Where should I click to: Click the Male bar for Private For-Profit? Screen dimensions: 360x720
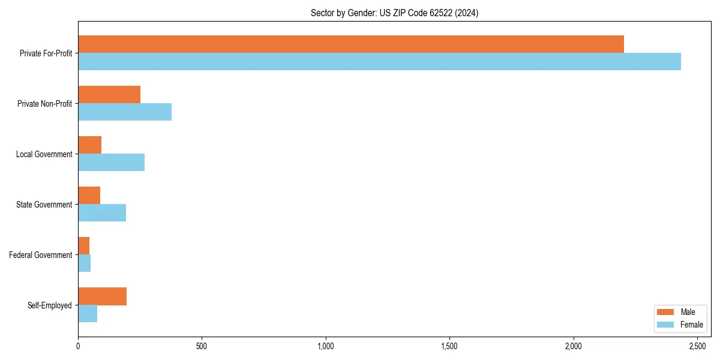tap(351, 44)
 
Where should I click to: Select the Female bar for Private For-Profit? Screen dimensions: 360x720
tap(379, 61)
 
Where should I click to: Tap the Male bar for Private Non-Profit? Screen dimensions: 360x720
tap(109, 95)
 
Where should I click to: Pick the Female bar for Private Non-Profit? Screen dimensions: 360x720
tap(125, 112)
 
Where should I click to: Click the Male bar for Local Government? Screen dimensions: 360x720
tap(90, 145)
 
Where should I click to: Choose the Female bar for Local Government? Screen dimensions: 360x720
tap(111, 162)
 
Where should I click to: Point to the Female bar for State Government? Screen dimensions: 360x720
tap(102, 212)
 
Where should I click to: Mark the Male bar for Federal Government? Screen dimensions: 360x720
tap(84, 246)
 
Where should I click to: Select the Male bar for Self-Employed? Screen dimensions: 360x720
tap(102, 296)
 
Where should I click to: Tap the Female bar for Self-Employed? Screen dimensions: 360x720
tap(88, 313)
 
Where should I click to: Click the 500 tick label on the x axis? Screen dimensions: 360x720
tap(202, 346)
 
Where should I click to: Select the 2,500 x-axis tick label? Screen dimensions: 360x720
tap(697, 346)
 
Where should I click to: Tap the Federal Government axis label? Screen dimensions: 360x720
tap(41, 255)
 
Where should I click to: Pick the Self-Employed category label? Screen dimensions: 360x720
tap(50, 305)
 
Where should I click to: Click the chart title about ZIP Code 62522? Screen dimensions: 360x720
tap(394, 13)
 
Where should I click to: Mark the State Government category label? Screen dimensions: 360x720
tap(44, 205)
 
